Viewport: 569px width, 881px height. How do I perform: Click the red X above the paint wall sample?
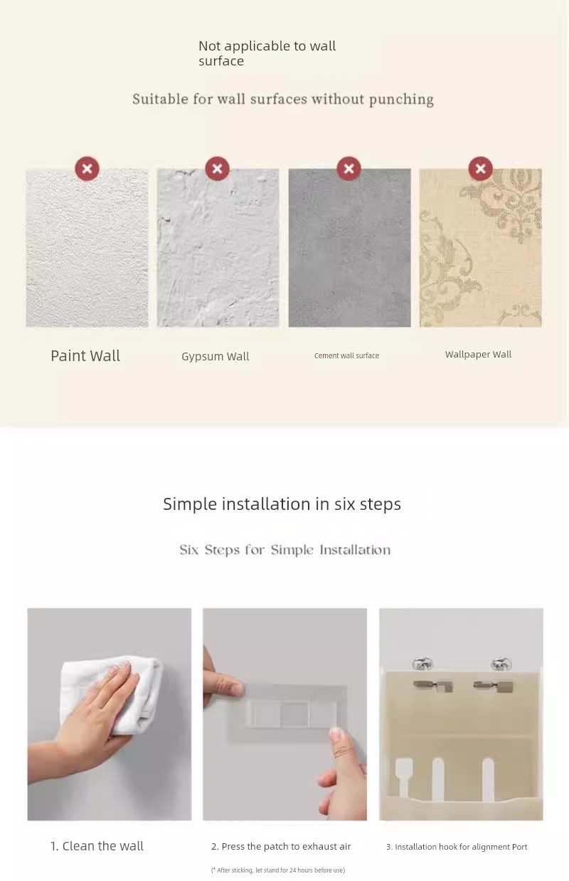87,169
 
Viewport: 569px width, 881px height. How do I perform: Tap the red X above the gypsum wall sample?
217,169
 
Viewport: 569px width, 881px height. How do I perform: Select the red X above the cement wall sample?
349,169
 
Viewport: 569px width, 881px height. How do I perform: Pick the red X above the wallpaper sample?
480,169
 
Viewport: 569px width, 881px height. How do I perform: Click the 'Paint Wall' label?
85,355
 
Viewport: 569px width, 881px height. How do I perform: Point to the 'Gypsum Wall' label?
216,356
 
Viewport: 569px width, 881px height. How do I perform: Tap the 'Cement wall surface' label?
347,355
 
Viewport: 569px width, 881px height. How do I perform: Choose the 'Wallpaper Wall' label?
478,355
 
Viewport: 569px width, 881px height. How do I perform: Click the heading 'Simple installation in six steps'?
282,504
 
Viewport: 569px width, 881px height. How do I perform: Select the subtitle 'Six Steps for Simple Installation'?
285,550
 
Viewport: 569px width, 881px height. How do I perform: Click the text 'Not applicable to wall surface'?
267,53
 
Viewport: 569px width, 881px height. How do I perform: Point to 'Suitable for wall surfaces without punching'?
283,99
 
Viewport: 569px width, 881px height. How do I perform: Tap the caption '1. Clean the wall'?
97,845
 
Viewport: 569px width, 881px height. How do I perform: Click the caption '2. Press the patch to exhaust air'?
281,846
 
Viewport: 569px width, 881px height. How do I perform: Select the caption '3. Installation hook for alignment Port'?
457,846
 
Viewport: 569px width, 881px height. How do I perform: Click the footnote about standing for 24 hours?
278,870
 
